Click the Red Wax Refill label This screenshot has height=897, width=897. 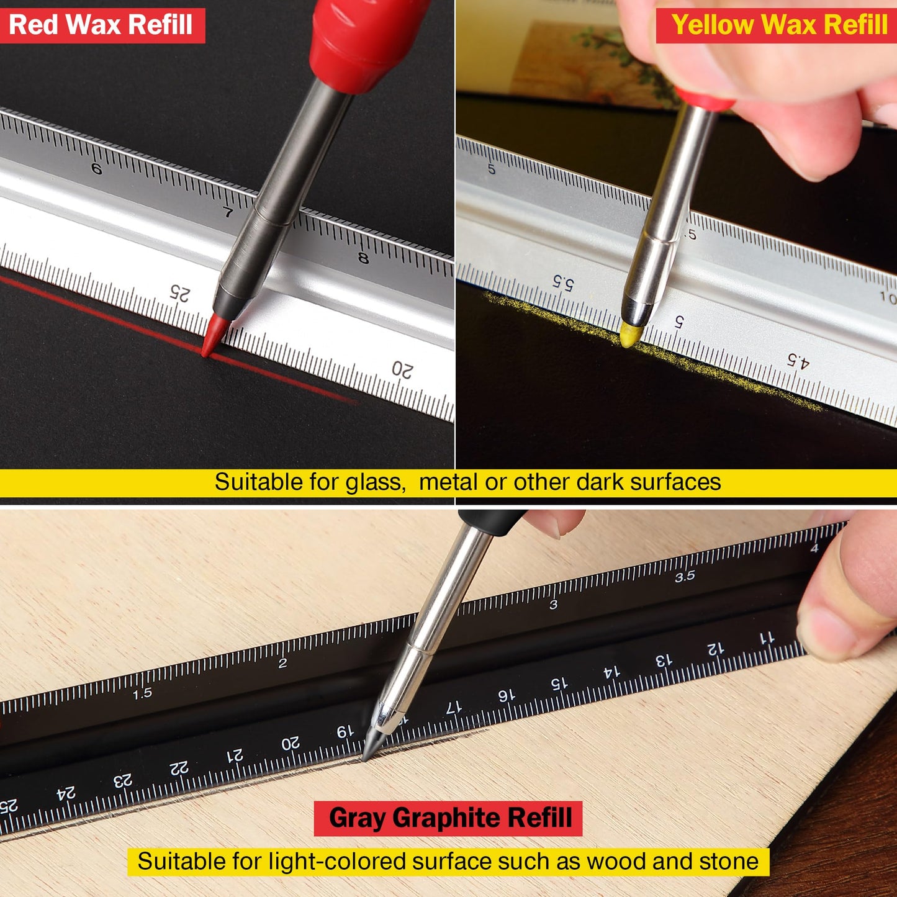coord(101,25)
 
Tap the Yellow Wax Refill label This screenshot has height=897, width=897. coord(779,25)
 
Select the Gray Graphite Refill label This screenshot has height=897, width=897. coord(449,818)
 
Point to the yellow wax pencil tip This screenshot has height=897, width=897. coord(631,334)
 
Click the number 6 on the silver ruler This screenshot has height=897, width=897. coord(96,169)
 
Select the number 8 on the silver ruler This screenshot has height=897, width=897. coord(363,258)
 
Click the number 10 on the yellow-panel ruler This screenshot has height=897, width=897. coord(888,297)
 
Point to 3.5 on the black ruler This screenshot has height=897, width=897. coord(685,577)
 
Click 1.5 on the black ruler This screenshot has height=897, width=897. coord(142,693)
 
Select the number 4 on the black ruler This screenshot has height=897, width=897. coord(814,548)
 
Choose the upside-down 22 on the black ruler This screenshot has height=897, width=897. coord(179,769)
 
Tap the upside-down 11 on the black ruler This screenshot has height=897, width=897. coord(767,638)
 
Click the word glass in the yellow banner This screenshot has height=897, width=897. coord(374,482)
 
